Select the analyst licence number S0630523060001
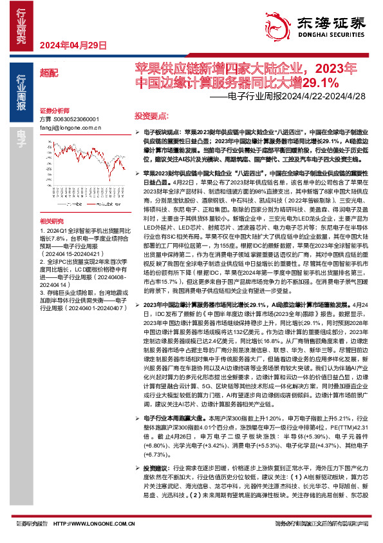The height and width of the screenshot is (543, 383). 77,119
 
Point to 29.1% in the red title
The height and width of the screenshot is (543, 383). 321,83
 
